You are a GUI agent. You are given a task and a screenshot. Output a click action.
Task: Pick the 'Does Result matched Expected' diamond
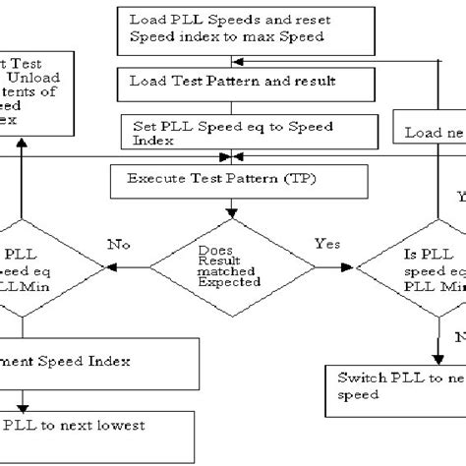[x=232, y=264]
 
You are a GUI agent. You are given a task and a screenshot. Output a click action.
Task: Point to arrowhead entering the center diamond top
[x=231, y=213]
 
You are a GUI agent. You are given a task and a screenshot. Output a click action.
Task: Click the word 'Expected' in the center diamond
[x=232, y=281]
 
